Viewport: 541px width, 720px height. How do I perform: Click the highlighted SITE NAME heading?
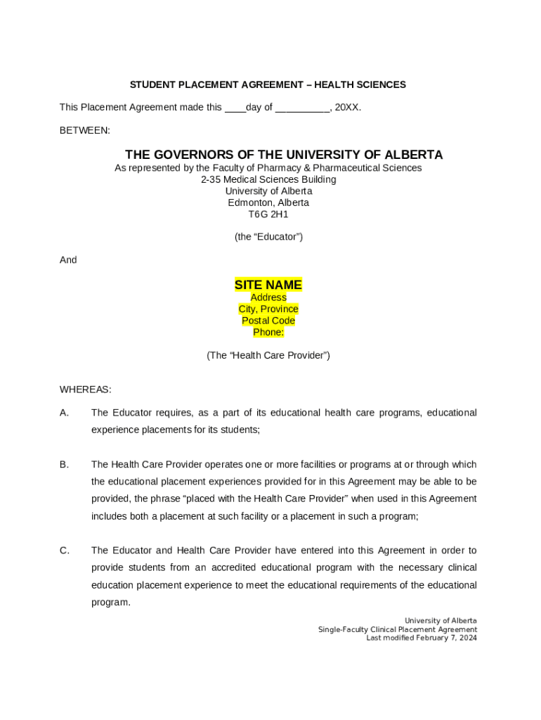(268, 285)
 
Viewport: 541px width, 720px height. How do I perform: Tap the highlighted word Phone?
(268, 333)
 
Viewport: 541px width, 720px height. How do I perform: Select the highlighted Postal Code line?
(268, 321)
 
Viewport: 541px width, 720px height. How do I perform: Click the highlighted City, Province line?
(268, 309)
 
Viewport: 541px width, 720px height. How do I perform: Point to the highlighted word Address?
(268, 297)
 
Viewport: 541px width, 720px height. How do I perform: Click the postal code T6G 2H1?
(268, 214)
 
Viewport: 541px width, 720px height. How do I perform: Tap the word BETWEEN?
(84, 131)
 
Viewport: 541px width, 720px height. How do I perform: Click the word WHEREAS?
(85, 390)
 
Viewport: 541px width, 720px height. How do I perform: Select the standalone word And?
(68, 260)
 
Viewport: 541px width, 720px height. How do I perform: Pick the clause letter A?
(64, 413)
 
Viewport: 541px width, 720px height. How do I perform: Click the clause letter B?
(64, 465)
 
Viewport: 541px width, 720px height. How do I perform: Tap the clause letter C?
(64, 551)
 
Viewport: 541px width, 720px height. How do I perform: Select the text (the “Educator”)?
(268, 237)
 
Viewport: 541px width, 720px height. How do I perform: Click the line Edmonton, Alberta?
(268, 202)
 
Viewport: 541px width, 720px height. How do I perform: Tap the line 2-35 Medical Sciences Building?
(268, 179)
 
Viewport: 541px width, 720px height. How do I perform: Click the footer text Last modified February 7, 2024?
(421, 638)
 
